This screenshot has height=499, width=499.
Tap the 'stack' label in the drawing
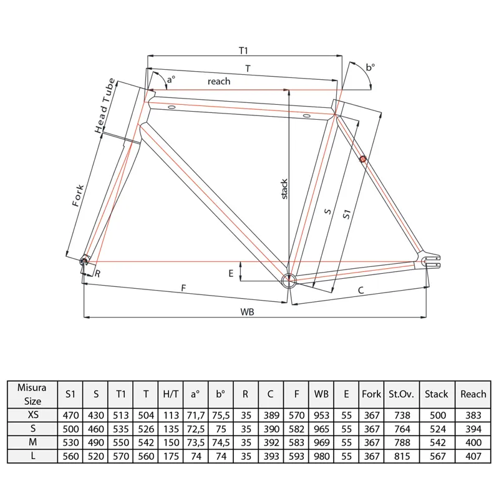click(x=284, y=189)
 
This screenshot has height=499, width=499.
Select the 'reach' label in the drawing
click(x=219, y=81)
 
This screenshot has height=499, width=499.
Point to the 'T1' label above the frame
click(x=244, y=49)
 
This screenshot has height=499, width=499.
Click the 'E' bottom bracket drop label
click(x=231, y=273)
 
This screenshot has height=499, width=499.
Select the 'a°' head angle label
click(x=170, y=79)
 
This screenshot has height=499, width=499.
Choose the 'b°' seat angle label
click(x=371, y=67)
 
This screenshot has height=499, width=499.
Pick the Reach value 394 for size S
click(x=473, y=427)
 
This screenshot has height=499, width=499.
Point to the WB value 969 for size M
click(x=321, y=441)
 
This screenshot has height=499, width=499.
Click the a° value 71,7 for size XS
click(x=195, y=414)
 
